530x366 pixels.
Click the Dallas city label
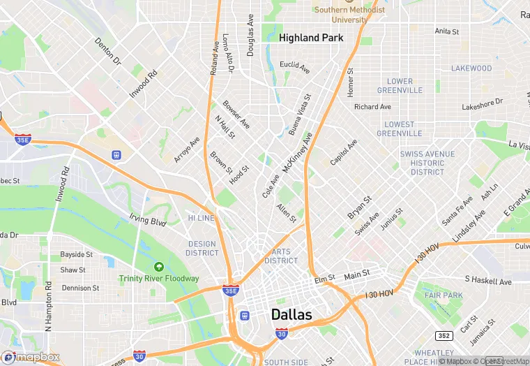[291, 314]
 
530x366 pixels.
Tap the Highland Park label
[311, 38]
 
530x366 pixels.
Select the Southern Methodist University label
[350, 15]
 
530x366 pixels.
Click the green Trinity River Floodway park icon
[159, 266]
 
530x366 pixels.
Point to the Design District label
[202, 248]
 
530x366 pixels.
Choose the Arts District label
[281, 256]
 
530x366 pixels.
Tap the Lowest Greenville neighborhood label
[400, 129]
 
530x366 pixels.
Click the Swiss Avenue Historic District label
[427, 163]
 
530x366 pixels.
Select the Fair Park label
[443, 295]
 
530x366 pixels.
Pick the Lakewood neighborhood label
[471, 68]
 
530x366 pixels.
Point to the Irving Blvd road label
[149, 221]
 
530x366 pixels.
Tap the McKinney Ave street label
[296, 153]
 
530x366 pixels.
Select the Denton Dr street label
[108, 52]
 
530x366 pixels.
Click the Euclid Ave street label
[294, 66]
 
